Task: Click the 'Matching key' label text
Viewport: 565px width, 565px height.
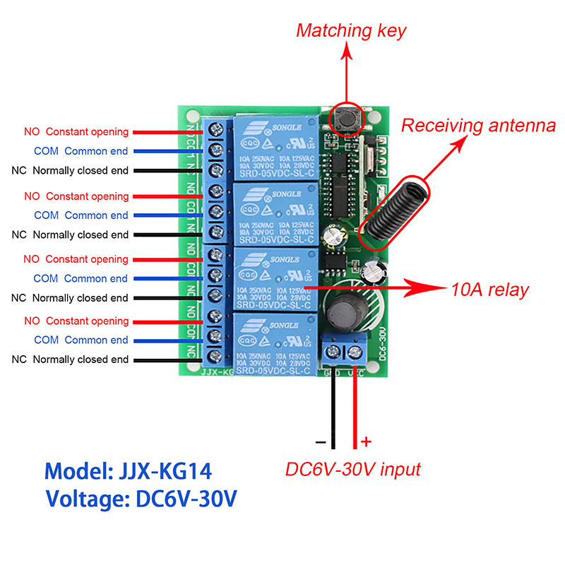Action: [351, 31]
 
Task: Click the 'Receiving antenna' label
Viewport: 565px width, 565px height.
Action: [478, 126]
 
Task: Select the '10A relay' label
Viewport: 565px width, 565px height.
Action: [489, 289]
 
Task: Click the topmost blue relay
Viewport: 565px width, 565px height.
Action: [276, 147]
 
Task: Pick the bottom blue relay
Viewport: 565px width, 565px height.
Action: [276, 345]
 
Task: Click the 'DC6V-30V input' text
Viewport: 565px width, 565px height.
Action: [352, 469]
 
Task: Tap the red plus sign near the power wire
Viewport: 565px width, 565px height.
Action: [366, 442]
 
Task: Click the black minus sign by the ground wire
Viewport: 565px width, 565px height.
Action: [321, 443]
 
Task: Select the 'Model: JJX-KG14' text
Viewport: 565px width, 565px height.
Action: [128, 471]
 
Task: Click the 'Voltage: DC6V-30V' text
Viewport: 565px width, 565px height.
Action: [141, 499]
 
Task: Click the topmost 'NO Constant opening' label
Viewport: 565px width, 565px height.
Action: [76, 132]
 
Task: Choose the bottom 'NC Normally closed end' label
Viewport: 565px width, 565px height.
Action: [70, 359]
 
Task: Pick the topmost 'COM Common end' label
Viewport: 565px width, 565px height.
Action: [81, 151]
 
